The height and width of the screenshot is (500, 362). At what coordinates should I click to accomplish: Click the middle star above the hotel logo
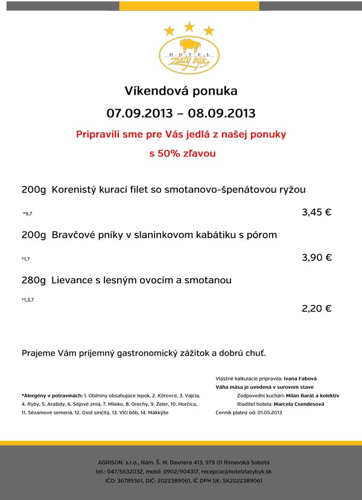189,27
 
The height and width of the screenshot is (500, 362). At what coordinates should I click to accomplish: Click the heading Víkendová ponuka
181,91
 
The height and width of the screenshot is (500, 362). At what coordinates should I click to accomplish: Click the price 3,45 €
317,212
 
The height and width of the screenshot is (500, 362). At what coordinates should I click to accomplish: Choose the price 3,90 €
317,257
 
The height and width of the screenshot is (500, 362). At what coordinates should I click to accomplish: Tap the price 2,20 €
317,308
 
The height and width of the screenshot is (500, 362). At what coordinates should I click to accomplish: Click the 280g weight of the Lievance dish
34,280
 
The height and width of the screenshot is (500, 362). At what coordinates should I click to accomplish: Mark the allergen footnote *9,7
27,214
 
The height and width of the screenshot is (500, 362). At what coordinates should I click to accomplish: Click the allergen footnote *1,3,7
28,300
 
